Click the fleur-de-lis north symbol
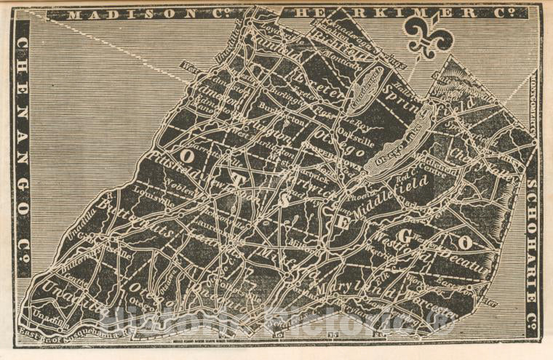pos(429,35)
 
